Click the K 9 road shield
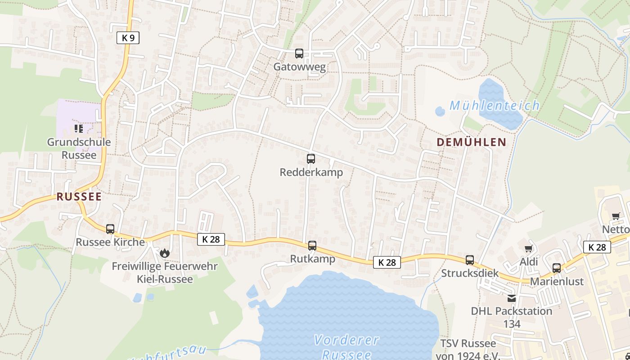pyautogui.click(x=128, y=38)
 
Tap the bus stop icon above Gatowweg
pyautogui.click(x=299, y=54)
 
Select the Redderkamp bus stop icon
pyautogui.click(x=311, y=158)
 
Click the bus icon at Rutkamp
pyautogui.click(x=312, y=246)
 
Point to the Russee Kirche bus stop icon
pyautogui.click(x=110, y=229)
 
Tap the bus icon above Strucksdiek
pyautogui.click(x=470, y=260)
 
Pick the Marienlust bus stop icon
pyautogui.click(x=557, y=268)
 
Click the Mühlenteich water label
pyautogui.click(x=495, y=106)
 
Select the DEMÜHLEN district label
pyautogui.click(x=472, y=142)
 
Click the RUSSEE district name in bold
pyautogui.click(x=79, y=197)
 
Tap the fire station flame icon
pyautogui.click(x=165, y=253)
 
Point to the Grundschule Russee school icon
pyautogui.click(x=79, y=129)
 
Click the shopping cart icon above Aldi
pyautogui.click(x=529, y=249)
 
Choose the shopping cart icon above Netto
pyautogui.click(x=616, y=216)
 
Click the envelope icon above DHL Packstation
pyautogui.click(x=511, y=298)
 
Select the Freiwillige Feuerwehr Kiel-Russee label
pyautogui.click(x=165, y=272)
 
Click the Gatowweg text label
pyautogui.click(x=300, y=67)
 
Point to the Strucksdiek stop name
pyautogui.click(x=470, y=273)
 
